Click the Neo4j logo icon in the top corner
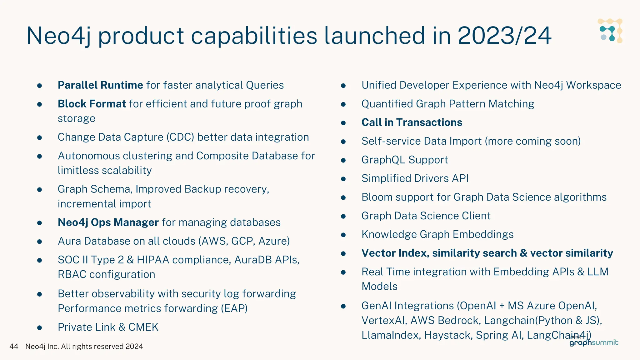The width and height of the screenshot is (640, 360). coord(610,31)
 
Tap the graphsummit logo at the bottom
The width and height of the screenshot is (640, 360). coord(593,342)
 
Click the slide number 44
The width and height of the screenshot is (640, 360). coord(14,346)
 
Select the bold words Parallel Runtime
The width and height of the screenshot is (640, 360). coord(100,85)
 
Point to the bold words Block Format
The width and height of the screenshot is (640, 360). coord(92,104)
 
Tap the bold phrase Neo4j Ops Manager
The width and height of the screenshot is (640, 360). coord(108,222)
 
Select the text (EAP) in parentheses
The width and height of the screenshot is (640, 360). coord(234,308)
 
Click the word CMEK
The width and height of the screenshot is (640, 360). coord(143,327)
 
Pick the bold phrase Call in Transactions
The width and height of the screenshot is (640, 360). coord(412,122)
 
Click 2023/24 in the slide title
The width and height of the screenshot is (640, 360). coord(504,36)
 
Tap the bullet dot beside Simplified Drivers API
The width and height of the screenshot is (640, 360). coord(343,179)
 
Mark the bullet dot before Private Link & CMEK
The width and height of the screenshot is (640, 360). coord(40,328)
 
